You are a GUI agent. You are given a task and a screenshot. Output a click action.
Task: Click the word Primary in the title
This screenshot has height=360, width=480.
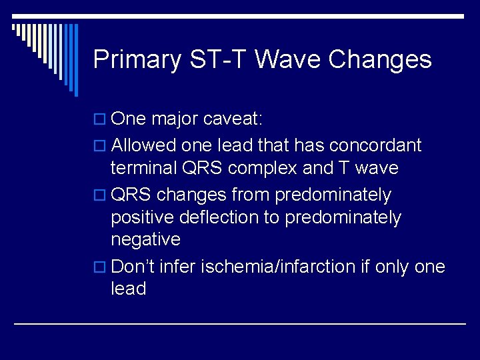point(137,60)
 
